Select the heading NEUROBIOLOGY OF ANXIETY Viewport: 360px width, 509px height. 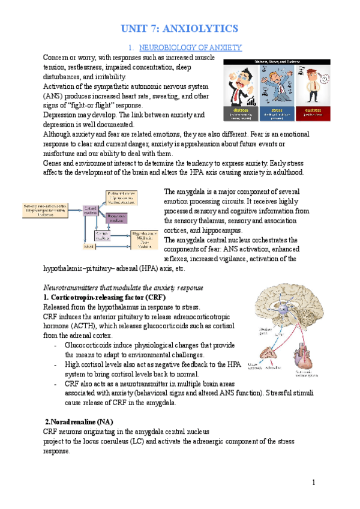[190, 47]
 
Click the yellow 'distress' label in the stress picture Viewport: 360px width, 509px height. [239, 110]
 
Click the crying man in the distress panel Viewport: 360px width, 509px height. [239, 84]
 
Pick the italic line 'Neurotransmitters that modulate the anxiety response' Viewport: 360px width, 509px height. [124, 288]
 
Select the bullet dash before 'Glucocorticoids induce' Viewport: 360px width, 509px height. [56, 346]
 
